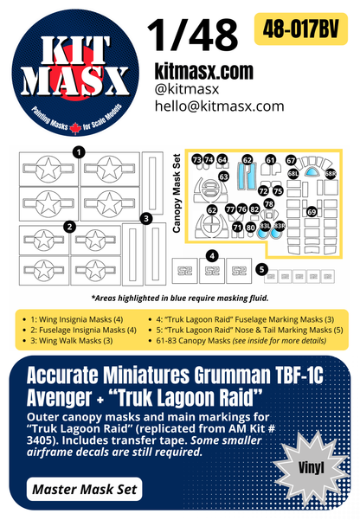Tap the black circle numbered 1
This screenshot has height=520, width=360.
click(x=79, y=152)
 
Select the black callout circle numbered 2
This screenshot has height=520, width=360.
click(x=68, y=227)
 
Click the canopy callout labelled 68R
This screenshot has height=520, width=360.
click(x=331, y=174)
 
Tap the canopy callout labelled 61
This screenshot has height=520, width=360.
click(x=270, y=160)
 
